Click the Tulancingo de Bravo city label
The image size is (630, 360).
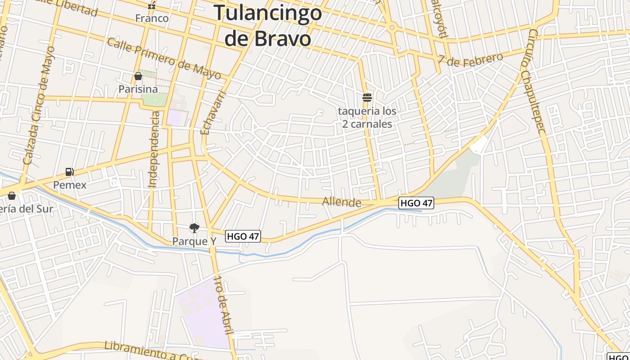[x=268, y=25]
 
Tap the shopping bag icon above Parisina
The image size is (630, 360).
[x=138, y=76]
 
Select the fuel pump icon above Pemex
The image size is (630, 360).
[x=69, y=171]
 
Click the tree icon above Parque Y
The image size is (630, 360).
[x=194, y=228]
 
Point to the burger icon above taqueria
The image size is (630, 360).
[x=367, y=97]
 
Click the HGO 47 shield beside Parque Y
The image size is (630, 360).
[x=243, y=236]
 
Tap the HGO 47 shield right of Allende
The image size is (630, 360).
[x=416, y=203]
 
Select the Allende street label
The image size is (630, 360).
[x=342, y=202]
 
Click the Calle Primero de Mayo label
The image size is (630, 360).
[x=164, y=58]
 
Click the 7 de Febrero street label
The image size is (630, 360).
[x=470, y=59]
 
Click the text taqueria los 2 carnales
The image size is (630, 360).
[x=367, y=117]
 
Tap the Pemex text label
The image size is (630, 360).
[x=70, y=185]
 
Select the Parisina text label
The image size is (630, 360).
[x=138, y=89]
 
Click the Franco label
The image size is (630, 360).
[x=152, y=18]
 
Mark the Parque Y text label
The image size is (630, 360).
[x=194, y=241]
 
